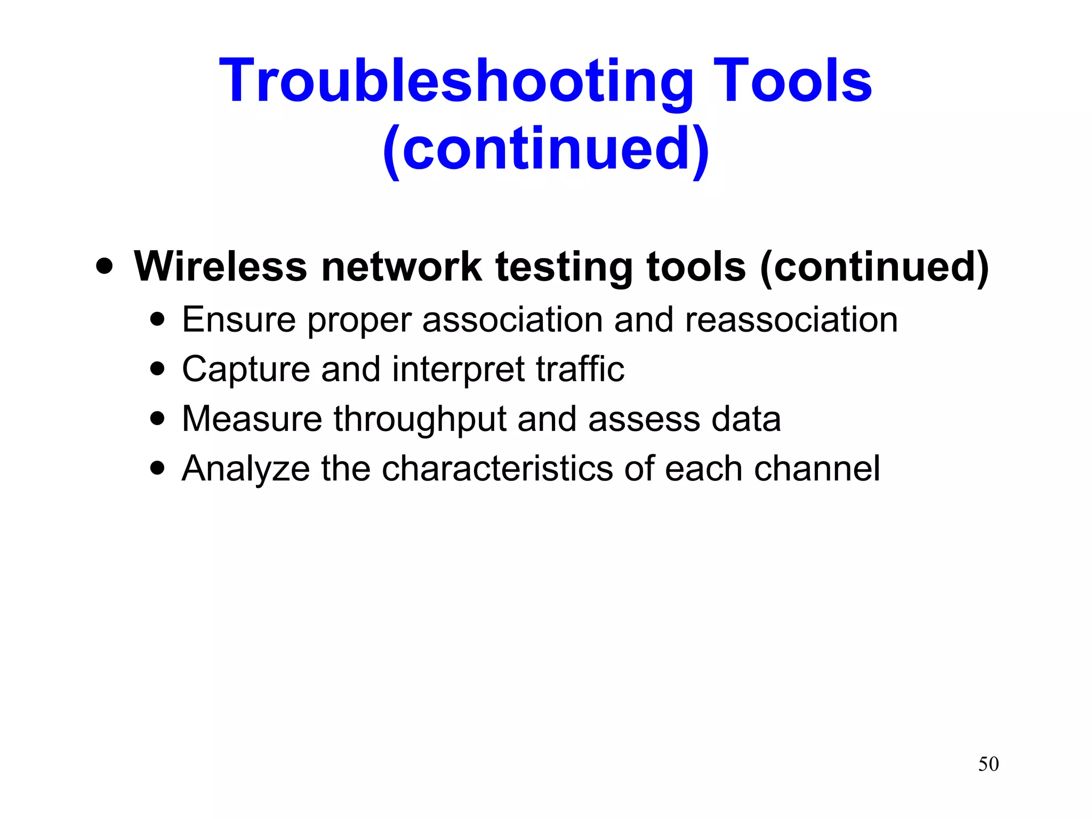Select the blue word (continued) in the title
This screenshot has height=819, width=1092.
pyautogui.click(x=545, y=149)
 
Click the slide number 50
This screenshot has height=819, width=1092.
pyautogui.click(x=988, y=764)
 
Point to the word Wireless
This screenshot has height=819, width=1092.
pyautogui.click(x=220, y=267)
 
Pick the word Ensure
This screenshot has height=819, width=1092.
pyautogui.click(x=239, y=319)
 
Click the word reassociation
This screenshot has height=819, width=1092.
pyautogui.click(x=791, y=320)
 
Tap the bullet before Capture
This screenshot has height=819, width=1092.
pyautogui.click(x=157, y=369)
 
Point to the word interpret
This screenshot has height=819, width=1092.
pyautogui.click(x=459, y=370)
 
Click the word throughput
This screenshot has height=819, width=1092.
pyautogui.click(x=420, y=420)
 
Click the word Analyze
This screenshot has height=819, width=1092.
pyautogui.click(x=246, y=469)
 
